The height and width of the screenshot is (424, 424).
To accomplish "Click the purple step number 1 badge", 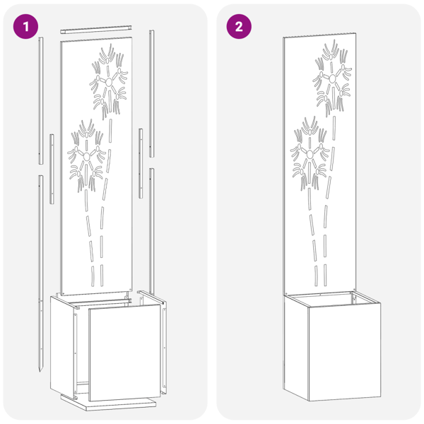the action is (x=25, y=27).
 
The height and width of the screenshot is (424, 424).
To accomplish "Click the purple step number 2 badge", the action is (x=239, y=27).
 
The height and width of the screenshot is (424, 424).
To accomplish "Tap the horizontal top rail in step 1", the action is (x=96, y=30).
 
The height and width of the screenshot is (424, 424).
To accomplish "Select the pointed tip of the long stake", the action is (x=40, y=370).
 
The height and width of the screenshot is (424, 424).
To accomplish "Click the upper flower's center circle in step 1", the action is (x=109, y=82).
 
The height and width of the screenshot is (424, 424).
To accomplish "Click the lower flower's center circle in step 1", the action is (x=87, y=156).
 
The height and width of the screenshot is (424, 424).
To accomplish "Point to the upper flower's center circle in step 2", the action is (x=332, y=78).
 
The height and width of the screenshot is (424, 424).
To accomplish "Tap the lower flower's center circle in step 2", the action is (x=310, y=154).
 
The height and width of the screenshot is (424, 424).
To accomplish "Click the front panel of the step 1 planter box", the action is (x=125, y=353).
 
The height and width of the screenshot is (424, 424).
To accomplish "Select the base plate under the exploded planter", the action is (x=108, y=404).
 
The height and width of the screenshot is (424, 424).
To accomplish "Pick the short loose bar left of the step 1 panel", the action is (x=52, y=169).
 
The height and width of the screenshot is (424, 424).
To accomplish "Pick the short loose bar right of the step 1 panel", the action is (x=141, y=163).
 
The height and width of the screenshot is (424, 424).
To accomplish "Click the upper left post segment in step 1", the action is (x=40, y=100).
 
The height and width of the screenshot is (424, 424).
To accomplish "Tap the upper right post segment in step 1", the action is (x=152, y=93).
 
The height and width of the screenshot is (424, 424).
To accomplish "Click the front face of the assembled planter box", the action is (x=345, y=352).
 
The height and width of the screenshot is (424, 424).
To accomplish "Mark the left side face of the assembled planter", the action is (x=296, y=348).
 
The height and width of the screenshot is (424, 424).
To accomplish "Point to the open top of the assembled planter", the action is (x=332, y=299).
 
